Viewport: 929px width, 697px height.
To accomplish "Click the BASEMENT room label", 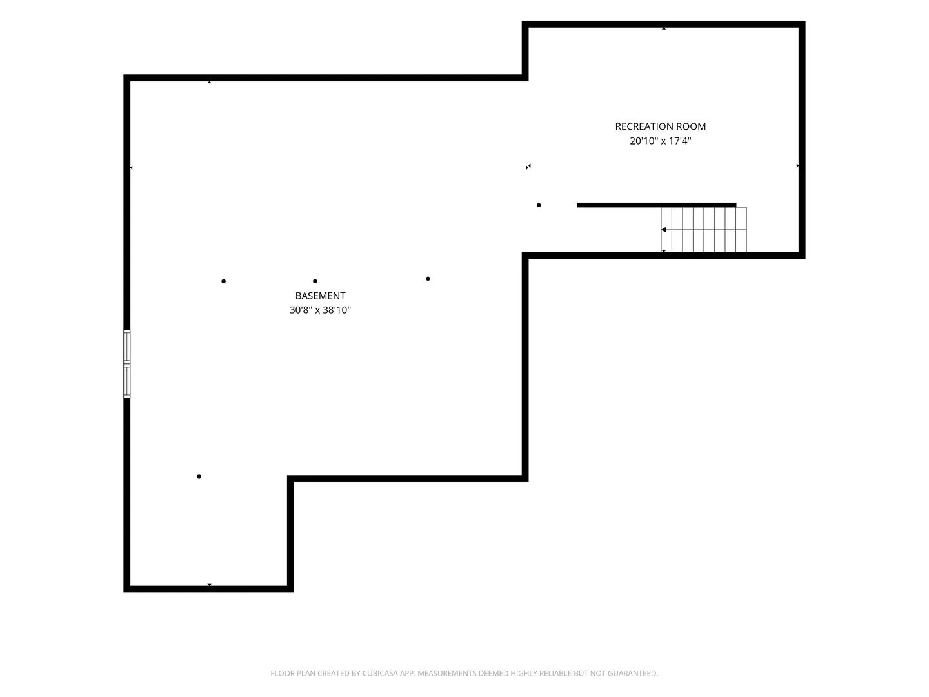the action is pyautogui.click(x=320, y=296).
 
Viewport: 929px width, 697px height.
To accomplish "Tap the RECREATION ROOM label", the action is pyautogui.click(x=660, y=126).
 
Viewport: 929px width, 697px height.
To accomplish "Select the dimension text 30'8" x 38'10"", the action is pyautogui.click(x=320, y=310).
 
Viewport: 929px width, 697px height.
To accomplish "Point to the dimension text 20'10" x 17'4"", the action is pyautogui.click(x=660, y=141).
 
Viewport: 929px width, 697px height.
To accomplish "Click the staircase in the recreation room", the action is pyautogui.click(x=703, y=229).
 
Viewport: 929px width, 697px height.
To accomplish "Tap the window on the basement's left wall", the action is pyautogui.click(x=126, y=363).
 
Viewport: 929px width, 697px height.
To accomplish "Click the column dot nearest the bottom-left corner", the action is pyautogui.click(x=199, y=476).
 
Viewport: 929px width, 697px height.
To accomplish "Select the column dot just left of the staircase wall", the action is pyautogui.click(x=538, y=205).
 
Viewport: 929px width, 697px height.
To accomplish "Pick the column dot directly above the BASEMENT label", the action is pyautogui.click(x=315, y=281).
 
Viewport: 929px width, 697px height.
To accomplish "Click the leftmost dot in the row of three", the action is pyautogui.click(x=223, y=281).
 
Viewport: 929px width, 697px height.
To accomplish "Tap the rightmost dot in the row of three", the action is pyautogui.click(x=428, y=278).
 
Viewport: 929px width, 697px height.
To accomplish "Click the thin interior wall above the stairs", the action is pyautogui.click(x=657, y=205).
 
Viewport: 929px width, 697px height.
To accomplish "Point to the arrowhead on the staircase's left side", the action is pyautogui.click(x=664, y=230).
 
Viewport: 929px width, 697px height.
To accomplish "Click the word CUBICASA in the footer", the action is pyautogui.click(x=379, y=673).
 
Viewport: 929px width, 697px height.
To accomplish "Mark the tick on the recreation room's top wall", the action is pyautogui.click(x=664, y=29).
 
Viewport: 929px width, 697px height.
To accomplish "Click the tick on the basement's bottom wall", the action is pyautogui.click(x=209, y=585).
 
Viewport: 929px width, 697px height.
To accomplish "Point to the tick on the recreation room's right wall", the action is pyautogui.click(x=797, y=165).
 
